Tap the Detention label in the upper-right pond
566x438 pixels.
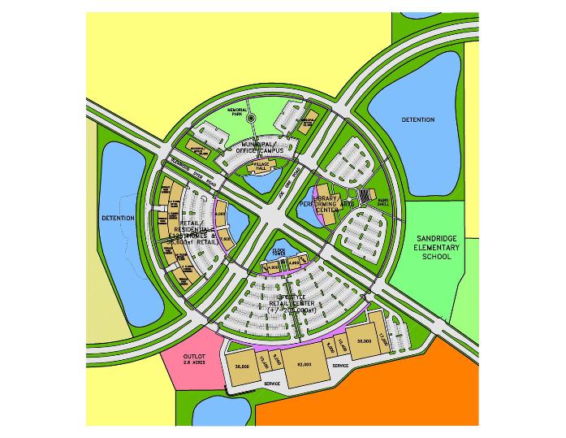(418, 120)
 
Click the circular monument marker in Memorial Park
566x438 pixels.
(251, 119)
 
